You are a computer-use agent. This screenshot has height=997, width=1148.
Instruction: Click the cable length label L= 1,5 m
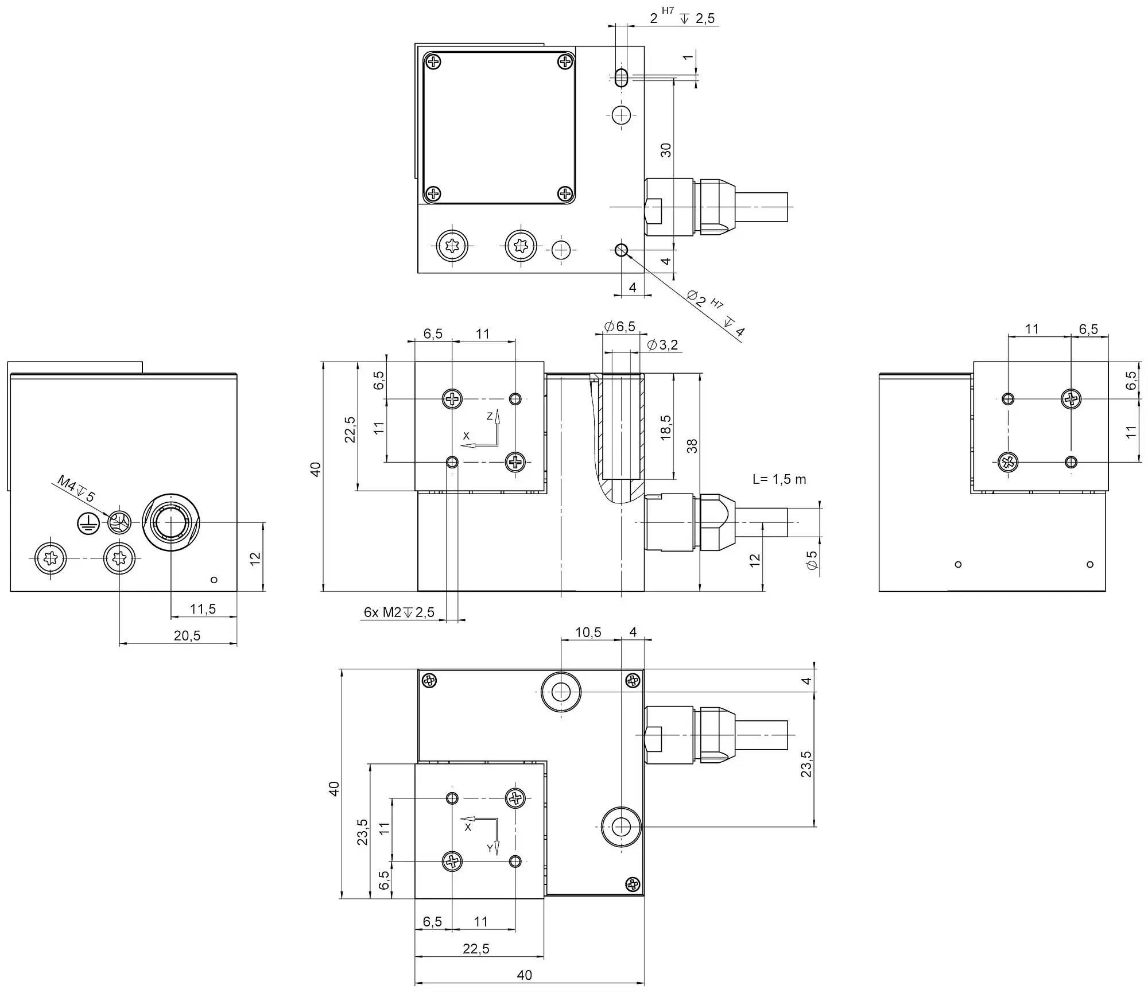779,479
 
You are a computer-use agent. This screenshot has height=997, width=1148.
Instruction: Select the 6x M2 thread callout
399,612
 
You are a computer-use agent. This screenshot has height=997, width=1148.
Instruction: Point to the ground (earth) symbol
88,522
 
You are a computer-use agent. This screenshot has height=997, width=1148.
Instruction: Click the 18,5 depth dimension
665,428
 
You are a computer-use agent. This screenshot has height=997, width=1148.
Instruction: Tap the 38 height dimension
692,446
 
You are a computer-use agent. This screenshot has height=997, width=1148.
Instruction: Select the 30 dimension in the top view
665,150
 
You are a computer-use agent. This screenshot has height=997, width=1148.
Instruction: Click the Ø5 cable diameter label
812,560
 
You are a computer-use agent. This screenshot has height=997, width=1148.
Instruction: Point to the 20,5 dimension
187,635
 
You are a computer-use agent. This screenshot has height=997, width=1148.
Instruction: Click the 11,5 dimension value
203,609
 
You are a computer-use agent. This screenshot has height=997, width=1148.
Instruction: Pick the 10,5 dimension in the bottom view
588,632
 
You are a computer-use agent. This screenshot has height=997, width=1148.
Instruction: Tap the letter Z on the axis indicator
490,416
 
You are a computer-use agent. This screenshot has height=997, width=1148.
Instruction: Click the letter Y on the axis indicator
490,848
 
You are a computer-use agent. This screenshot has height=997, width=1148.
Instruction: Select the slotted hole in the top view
620,77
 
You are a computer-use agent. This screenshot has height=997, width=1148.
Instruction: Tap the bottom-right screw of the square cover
566,193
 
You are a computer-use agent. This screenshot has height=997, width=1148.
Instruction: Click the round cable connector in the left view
170,522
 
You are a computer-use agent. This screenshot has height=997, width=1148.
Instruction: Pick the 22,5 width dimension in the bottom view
476,949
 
